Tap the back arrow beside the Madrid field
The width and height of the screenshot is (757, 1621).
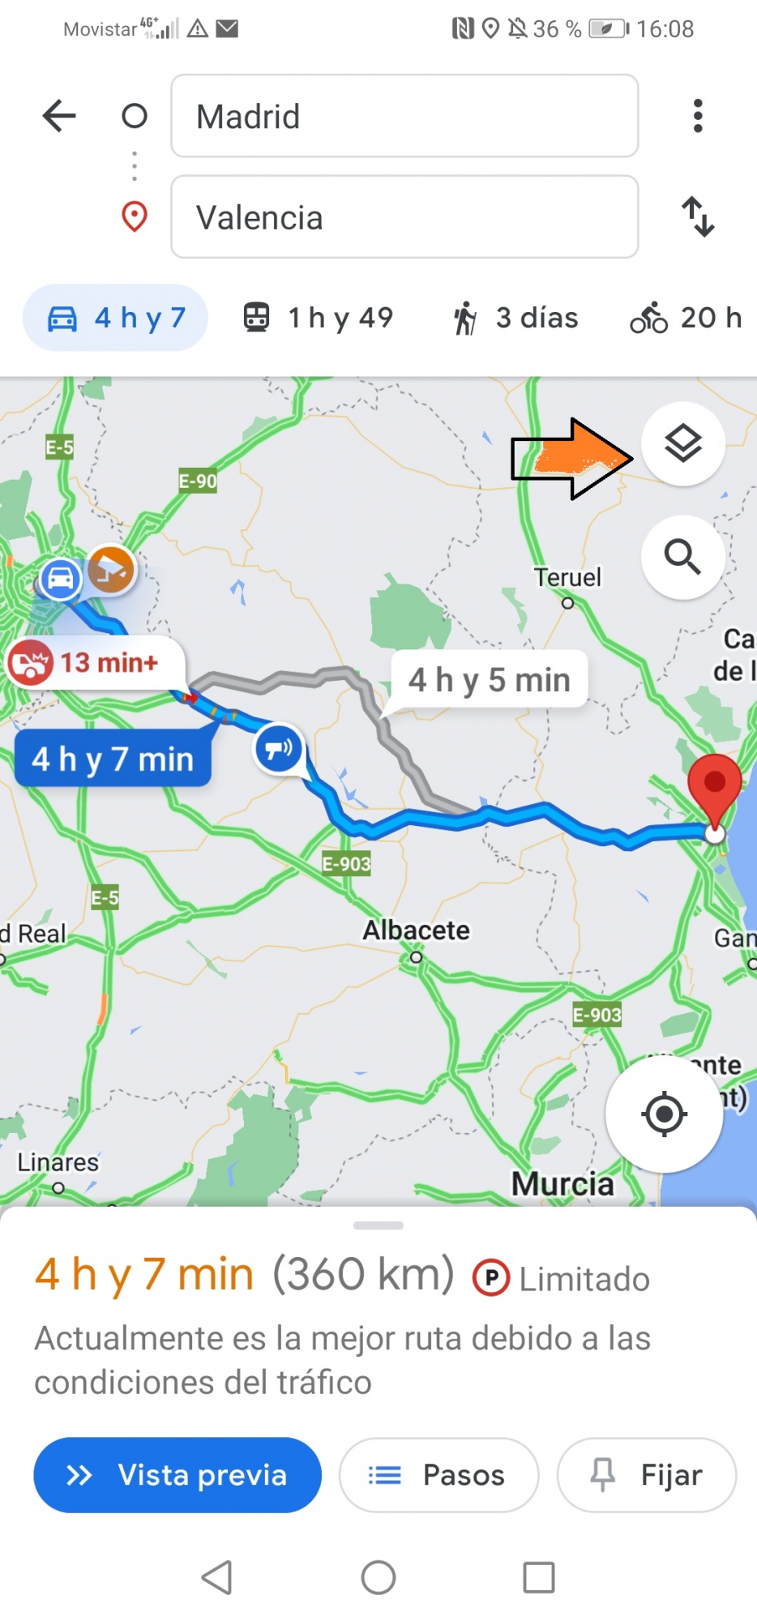click(59, 116)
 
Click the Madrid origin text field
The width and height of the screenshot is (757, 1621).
click(404, 116)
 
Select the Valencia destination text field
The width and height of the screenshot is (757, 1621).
click(404, 217)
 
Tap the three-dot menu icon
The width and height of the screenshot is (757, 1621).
click(698, 116)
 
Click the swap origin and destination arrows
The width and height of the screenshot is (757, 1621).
click(698, 216)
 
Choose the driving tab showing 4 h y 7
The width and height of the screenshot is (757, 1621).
click(116, 318)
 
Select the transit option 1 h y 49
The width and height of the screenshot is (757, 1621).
click(319, 318)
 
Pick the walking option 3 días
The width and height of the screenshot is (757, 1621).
click(516, 318)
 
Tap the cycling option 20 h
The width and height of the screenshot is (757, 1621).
click(686, 318)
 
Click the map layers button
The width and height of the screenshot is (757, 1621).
click(682, 443)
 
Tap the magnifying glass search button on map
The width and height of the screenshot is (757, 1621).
click(682, 557)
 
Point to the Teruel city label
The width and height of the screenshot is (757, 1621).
click(567, 578)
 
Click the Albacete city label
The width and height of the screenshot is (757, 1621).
click(416, 930)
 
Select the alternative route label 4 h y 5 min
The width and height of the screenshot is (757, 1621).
click(490, 680)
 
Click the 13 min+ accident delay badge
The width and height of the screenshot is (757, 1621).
click(96, 663)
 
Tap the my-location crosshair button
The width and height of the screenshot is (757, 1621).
click(665, 1114)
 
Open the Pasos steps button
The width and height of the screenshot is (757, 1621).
click(438, 1475)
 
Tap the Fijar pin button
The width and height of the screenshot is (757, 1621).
click(647, 1475)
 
